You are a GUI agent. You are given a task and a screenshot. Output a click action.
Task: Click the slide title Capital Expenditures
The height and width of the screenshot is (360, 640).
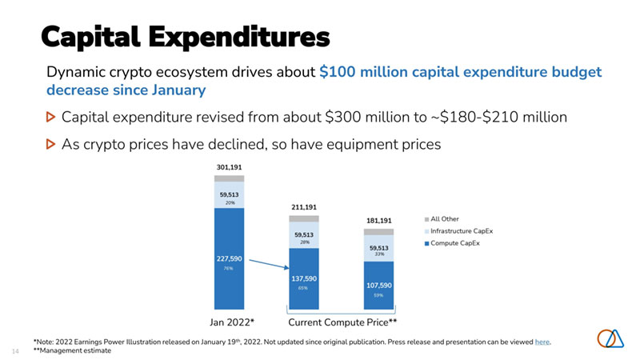pos(185,36)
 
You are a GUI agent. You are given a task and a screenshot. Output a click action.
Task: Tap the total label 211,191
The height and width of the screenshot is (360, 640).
pos(304,206)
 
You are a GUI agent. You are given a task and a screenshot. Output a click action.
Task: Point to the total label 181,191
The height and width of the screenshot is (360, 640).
pos(379,220)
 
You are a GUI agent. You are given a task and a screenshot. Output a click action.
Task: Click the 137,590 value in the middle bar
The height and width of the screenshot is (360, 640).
pos(304,278)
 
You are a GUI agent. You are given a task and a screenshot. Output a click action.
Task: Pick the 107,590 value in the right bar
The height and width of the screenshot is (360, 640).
pos(379,284)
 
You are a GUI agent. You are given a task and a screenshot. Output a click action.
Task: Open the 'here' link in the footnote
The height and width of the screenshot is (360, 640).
pos(542,342)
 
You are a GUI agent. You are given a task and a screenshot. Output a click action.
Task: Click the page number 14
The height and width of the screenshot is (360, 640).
pos(15,350)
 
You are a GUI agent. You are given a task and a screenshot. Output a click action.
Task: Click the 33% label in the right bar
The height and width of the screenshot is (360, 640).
pos(379,254)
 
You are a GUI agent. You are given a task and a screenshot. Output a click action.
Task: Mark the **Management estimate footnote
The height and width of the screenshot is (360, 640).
pos(73,350)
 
